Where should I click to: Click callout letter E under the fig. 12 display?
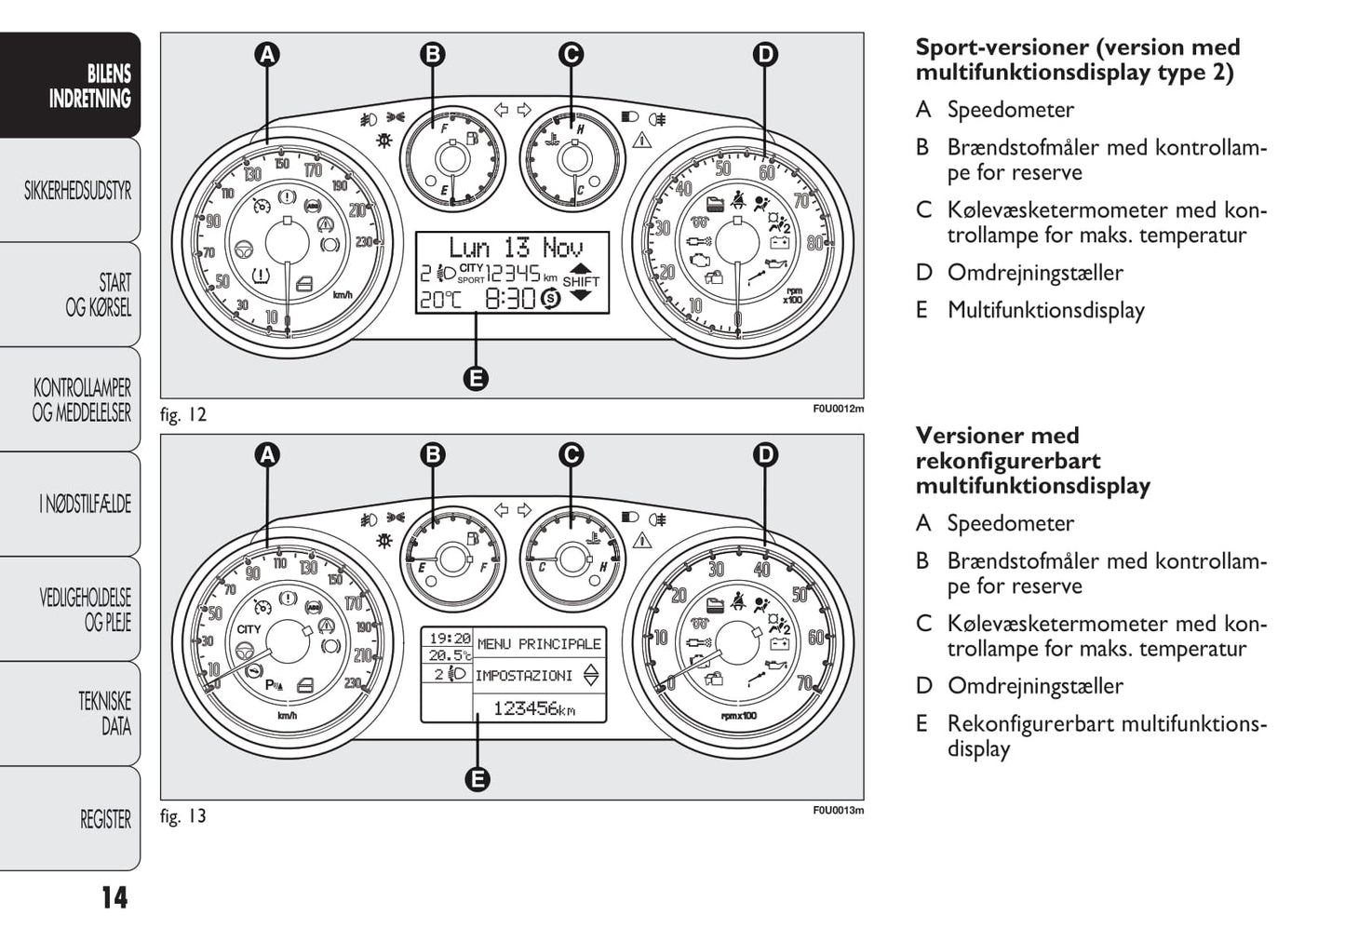[476, 379]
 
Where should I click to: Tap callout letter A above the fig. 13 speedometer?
[267, 454]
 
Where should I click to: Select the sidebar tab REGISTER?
[105, 819]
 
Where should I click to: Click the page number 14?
[114, 897]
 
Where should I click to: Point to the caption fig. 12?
[183, 415]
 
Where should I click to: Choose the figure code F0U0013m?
[838, 810]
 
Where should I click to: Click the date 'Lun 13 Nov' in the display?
[516, 248]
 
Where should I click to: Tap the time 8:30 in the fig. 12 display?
[510, 298]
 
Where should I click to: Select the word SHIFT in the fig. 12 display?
[581, 281]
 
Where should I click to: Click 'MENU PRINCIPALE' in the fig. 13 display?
[539, 643]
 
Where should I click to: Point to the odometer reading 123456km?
[534, 708]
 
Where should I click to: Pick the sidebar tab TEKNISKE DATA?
[104, 714]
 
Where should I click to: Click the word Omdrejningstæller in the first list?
[1035, 273]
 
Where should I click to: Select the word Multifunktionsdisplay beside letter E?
[1046, 310]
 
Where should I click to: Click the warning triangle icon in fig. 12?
[641, 141]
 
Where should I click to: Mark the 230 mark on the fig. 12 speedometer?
[362, 242]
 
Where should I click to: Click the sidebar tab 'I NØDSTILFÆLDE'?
[86, 505]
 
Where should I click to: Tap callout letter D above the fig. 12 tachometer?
[764, 54]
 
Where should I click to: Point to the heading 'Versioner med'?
[997, 436]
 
